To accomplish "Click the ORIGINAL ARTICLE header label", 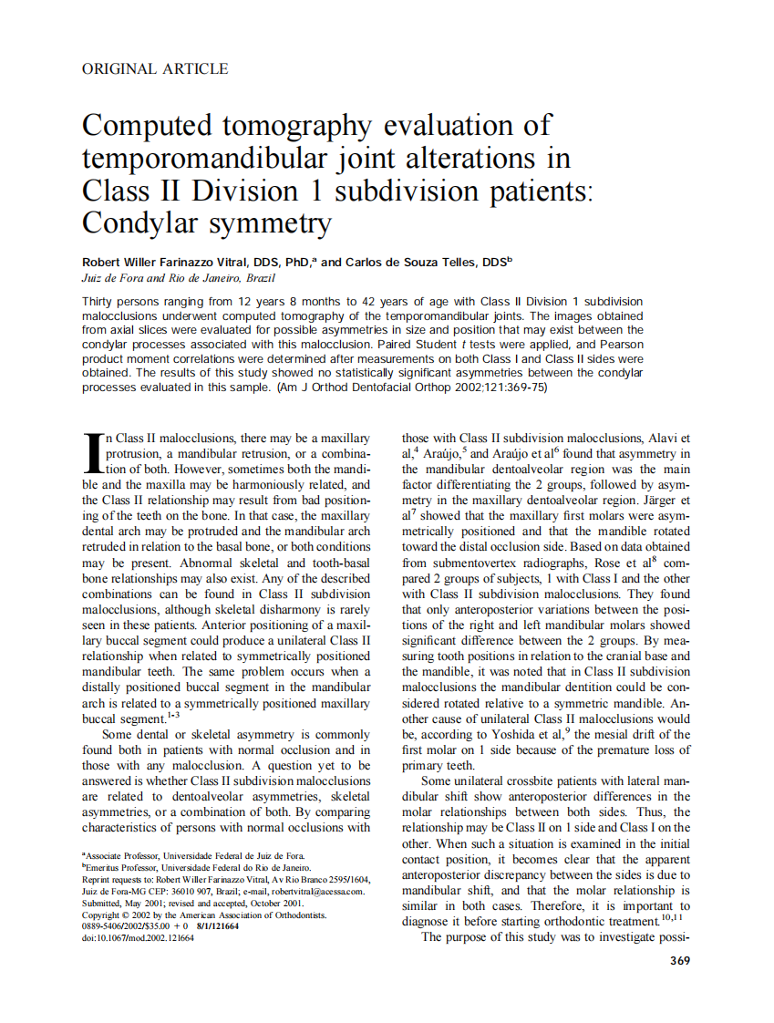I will (x=155, y=68).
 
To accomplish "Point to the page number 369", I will (x=679, y=960).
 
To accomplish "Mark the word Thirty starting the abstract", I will (x=99, y=301).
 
